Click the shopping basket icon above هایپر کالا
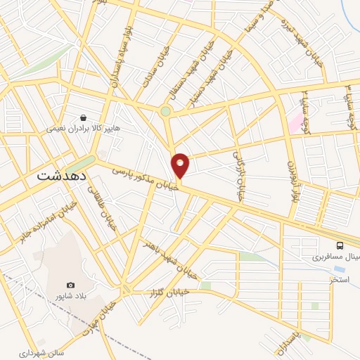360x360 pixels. (x=84, y=117)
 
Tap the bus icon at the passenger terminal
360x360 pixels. (x=340, y=245)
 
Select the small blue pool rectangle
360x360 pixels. (x=340, y=268)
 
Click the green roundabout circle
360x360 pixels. (x=166, y=110)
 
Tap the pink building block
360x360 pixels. (x=295, y=124)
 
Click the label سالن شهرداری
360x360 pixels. (x=22, y=352)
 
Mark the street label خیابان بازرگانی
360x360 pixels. (x=242, y=175)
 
